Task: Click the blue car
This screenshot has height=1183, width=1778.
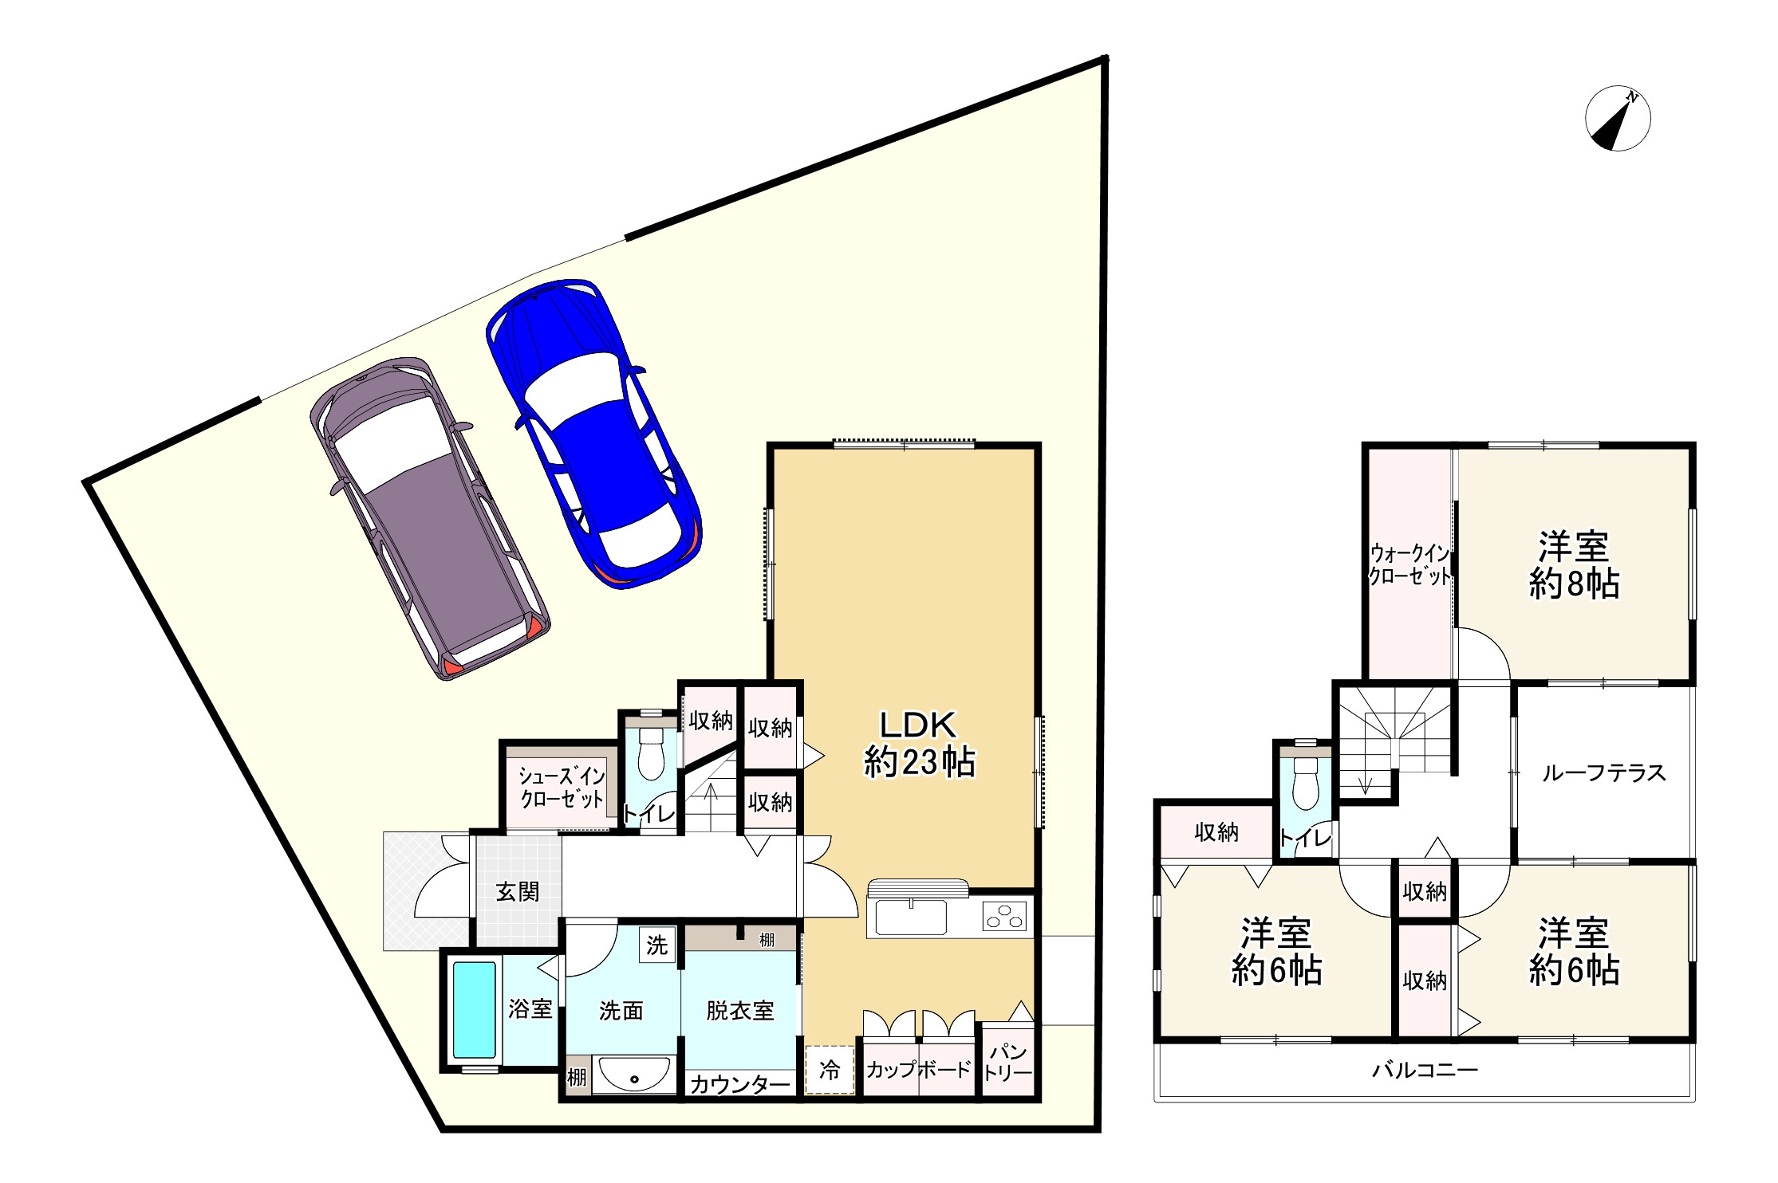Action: [x=594, y=434]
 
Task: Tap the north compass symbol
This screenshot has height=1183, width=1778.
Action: [x=1618, y=119]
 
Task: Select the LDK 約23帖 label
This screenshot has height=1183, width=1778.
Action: [x=919, y=743]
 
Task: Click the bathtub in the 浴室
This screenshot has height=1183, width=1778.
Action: [x=475, y=1009]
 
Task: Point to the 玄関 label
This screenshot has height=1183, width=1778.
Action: [x=518, y=891]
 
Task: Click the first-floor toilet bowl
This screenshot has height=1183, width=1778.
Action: [x=652, y=751]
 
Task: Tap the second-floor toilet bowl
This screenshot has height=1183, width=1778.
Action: [x=1305, y=782]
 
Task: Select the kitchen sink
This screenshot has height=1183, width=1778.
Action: [x=911, y=916]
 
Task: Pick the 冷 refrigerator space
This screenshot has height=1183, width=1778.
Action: [x=830, y=1070]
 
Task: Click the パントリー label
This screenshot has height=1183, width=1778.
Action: [x=1007, y=1062]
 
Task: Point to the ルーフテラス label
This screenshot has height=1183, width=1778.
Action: [x=1603, y=772]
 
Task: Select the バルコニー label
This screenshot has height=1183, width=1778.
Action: [x=1425, y=1069]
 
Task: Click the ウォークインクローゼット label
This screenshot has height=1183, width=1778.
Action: [x=1409, y=564]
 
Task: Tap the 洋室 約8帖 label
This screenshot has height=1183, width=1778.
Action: [x=1574, y=565]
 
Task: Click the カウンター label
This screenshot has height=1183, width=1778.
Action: [x=739, y=1083]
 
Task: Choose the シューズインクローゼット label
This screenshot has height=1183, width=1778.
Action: [x=562, y=787]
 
